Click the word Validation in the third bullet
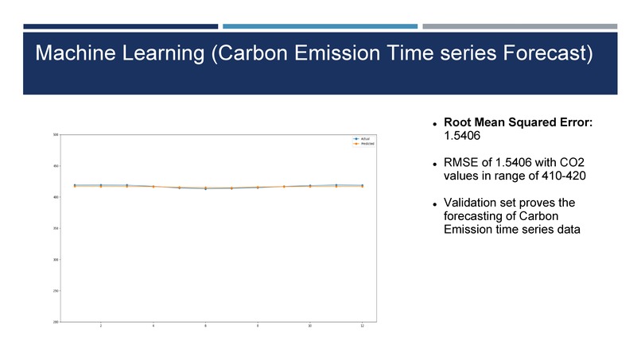[470, 203]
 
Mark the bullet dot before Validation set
[436, 205]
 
